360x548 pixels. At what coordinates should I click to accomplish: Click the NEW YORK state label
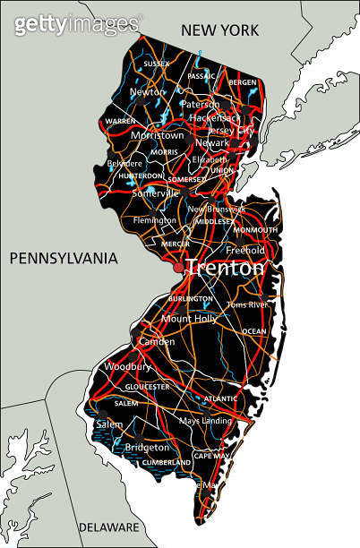[x=219, y=30]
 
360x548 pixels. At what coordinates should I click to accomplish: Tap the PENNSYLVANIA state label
[x=64, y=259]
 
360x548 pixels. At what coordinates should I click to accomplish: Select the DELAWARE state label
[x=108, y=527]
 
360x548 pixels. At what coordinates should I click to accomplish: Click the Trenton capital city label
[x=226, y=268]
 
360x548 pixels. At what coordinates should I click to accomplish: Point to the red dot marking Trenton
[x=179, y=267]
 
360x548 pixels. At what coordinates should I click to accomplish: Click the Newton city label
[x=148, y=91]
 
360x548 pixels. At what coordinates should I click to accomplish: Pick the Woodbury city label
[x=122, y=366]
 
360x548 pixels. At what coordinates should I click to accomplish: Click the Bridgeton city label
[x=147, y=447]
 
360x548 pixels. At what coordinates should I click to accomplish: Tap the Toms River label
[x=247, y=304]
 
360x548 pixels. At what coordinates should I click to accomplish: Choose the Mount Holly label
[x=189, y=318]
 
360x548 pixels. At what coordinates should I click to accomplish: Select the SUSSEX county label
[x=156, y=64]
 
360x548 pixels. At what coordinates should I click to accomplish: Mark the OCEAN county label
[x=253, y=331]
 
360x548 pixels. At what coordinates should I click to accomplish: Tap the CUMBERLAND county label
[x=167, y=463]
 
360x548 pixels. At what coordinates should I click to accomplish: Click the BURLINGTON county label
[x=191, y=298]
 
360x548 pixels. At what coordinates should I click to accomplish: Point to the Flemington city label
[x=155, y=219]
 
